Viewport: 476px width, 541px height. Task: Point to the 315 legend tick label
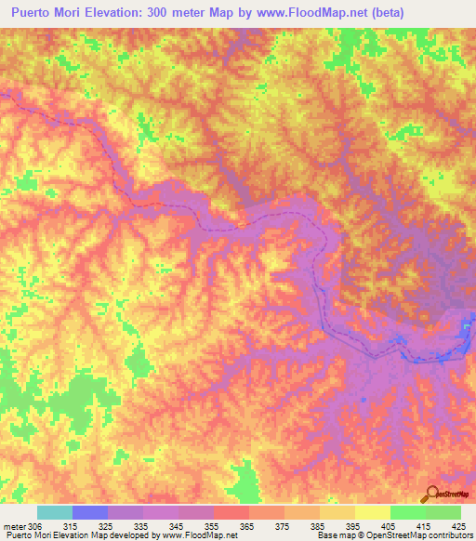(x=71, y=525)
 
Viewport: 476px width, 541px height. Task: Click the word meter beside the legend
(x=14, y=525)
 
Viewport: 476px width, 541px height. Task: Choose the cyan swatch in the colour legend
(x=54, y=512)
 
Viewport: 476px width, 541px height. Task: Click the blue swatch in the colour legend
(x=89, y=512)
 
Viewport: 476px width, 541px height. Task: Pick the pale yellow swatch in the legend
(x=372, y=512)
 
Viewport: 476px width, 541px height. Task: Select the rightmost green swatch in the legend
(x=443, y=512)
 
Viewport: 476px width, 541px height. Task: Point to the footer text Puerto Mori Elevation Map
(x=56, y=535)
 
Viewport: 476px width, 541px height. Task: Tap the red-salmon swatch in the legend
(x=231, y=512)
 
